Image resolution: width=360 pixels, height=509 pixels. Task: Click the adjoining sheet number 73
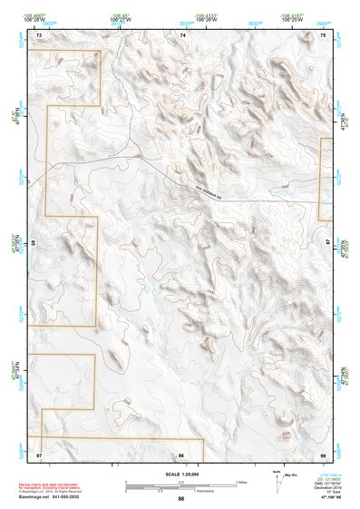tap(39, 34)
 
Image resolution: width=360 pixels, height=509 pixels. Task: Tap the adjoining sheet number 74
tap(182, 34)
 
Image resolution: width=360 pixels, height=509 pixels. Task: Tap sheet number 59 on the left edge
tap(34, 243)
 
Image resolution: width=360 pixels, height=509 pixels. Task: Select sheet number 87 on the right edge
tap(328, 243)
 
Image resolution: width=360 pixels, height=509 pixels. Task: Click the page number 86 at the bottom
tap(181, 499)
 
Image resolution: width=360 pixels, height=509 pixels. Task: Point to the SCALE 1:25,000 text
tap(180, 474)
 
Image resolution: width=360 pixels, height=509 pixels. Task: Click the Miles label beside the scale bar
tap(241, 482)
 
